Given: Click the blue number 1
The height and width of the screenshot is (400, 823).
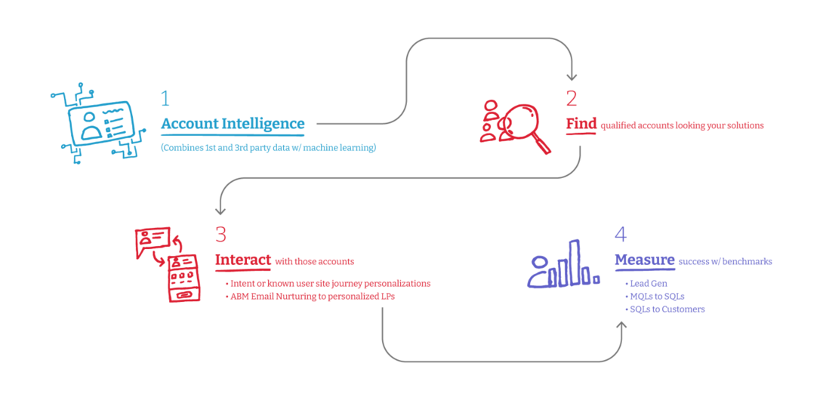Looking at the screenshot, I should [165, 98].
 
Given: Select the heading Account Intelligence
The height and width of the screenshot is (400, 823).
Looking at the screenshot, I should [233, 124].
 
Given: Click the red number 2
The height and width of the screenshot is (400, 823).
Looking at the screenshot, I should [572, 98].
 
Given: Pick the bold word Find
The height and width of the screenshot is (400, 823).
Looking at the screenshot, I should [581, 124].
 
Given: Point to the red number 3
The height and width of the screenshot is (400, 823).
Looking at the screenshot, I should [220, 234].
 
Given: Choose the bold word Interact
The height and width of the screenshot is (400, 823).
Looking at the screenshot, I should [243, 260].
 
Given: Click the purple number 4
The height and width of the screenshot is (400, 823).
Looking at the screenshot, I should [621, 234].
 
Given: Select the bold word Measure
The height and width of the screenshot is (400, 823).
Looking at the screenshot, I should [644, 260].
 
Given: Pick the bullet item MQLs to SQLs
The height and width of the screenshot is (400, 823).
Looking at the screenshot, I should [657, 296].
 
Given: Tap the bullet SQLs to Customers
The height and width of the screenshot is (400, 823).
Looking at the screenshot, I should [667, 309].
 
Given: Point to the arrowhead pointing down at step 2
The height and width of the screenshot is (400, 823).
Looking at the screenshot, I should [572, 75].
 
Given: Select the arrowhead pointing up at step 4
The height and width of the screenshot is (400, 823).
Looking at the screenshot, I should [622, 325].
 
